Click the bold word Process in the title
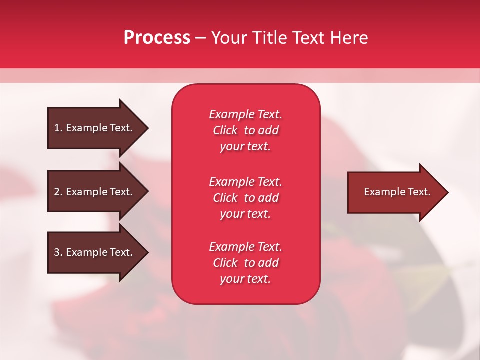coord(157,37)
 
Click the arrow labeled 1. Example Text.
coord(98,128)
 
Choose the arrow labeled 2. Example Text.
coord(98,191)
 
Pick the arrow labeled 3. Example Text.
coord(98,252)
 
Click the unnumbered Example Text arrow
coord(398,192)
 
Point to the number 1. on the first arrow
coord(58,128)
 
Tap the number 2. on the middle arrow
coord(58,192)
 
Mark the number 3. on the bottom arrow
coord(58,252)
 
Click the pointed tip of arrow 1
coord(148,128)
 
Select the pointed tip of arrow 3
coord(148,253)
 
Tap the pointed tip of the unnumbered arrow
coord(448,192)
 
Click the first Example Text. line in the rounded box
coord(245,114)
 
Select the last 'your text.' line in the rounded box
coord(245,279)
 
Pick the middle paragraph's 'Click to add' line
coord(246,198)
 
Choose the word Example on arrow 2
coord(87,192)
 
